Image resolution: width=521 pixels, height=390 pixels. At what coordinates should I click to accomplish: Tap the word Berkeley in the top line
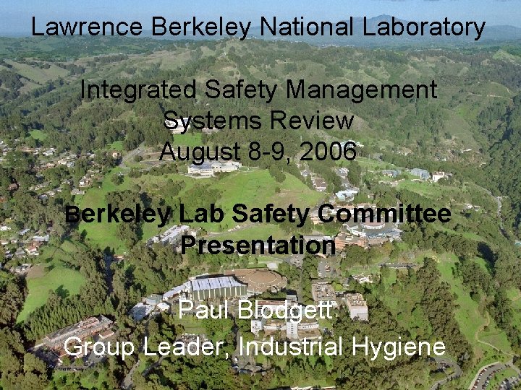pos(202,27)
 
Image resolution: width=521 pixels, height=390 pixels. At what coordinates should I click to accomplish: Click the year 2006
pos(328,152)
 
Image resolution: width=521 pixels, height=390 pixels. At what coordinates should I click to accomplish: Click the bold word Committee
pos(384,214)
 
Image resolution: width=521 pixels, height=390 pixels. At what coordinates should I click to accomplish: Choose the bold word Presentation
pos(258,246)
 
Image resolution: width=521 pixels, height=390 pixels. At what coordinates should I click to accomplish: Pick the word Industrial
pos(291,347)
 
